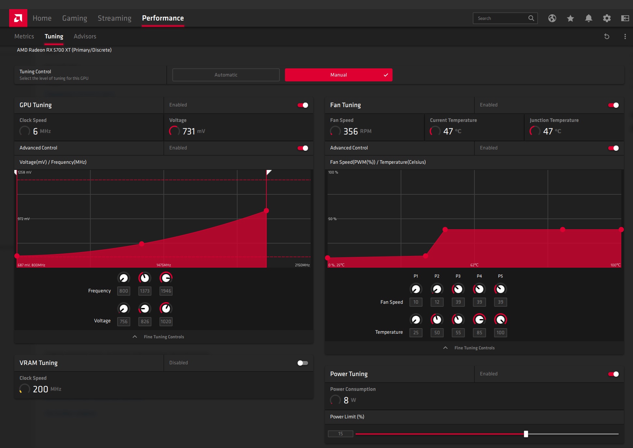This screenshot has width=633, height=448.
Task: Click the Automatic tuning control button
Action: coord(226,75)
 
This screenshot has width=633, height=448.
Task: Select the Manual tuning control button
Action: coord(339,75)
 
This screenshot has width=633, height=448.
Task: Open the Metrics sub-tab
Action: coord(24,36)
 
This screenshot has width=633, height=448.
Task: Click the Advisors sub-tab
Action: coord(85,36)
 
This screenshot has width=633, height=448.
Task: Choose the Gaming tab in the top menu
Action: coord(75,18)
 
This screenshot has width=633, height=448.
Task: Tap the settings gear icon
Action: coord(607,18)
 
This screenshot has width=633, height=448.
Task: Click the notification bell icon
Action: coord(588,18)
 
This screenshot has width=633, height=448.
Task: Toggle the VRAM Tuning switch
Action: coord(302,363)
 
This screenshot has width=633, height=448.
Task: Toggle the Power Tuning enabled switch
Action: coord(613,374)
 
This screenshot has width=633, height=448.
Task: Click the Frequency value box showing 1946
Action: coord(166,291)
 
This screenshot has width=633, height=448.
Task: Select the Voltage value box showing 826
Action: coord(145,321)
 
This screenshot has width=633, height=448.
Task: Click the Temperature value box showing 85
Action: coord(479,332)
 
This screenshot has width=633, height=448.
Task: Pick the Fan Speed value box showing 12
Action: coord(437,302)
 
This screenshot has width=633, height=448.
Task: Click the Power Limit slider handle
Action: coord(526,434)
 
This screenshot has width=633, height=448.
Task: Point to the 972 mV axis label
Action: coord(23,219)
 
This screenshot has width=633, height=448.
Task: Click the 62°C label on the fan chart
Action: coord(474,265)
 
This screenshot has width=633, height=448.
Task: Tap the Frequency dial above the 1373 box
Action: coord(145,278)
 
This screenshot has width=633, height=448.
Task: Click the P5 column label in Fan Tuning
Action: coord(500,276)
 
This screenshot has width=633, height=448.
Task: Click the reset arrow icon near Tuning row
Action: coord(607,36)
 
